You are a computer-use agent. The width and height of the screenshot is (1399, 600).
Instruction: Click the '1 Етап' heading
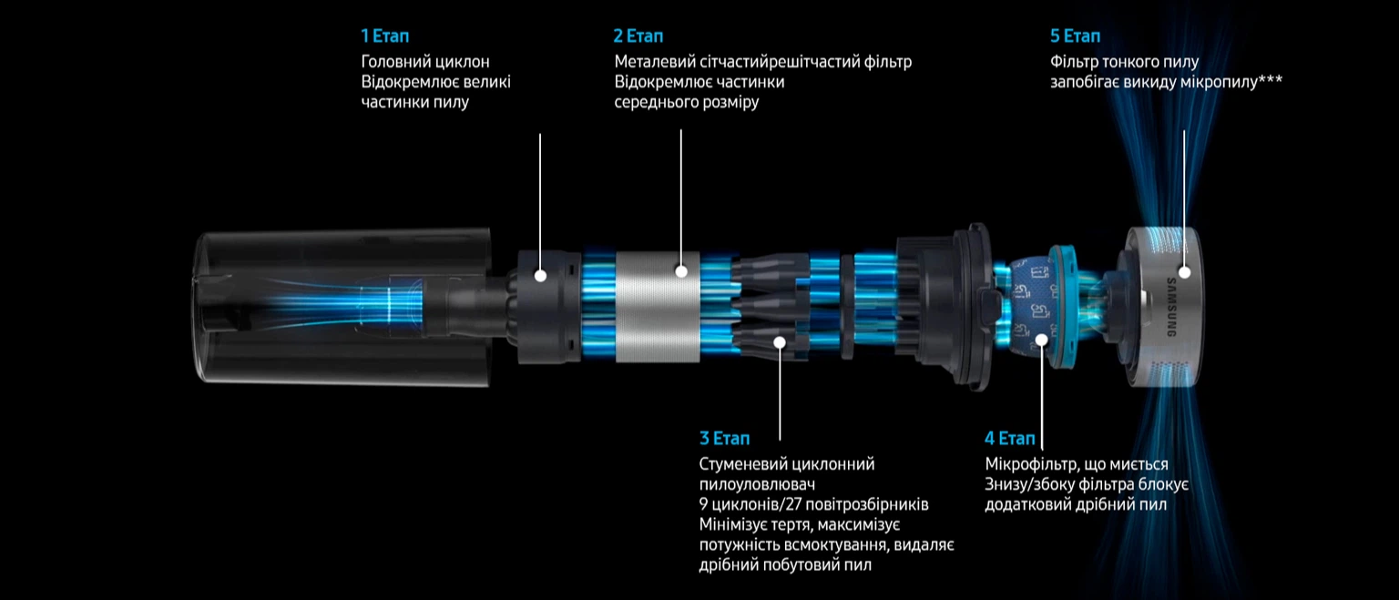pyautogui.click(x=384, y=36)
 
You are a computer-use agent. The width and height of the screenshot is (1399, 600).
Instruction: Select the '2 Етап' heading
pyautogui.click(x=638, y=36)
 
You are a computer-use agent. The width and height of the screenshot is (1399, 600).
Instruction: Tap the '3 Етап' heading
pyautogui.click(x=724, y=438)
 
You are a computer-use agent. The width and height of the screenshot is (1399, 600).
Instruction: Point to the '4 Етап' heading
pyautogui.click(x=1009, y=438)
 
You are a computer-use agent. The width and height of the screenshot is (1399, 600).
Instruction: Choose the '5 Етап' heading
pyautogui.click(x=1075, y=36)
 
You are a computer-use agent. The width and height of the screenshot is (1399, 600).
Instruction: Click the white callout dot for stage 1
pyautogui.click(x=541, y=275)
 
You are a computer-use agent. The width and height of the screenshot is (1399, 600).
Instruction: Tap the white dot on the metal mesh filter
pyautogui.click(x=681, y=271)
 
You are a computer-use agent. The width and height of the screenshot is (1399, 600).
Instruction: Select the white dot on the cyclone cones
pyautogui.click(x=780, y=342)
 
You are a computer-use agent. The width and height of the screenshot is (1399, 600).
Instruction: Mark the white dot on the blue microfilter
pyautogui.click(x=1042, y=340)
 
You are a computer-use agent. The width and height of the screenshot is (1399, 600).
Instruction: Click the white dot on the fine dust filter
pyautogui.click(x=1184, y=272)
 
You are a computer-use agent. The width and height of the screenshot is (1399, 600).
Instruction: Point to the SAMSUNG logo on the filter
pyautogui.click(x=1170, y=307)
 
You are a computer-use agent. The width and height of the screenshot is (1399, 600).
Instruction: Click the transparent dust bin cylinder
pyautogui.click(x=342, y=306)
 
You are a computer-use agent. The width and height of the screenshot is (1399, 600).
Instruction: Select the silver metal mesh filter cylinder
pyautogui.click(x=658, y=307)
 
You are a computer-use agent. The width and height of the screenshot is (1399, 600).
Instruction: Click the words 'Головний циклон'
pyautogui.click(x=425, y=62)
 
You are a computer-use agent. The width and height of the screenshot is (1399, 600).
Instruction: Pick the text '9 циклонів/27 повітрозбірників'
pyautogui.click(x=813, y=504)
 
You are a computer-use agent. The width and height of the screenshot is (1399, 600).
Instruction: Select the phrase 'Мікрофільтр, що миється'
pyautogui.click(x=1077, y=464)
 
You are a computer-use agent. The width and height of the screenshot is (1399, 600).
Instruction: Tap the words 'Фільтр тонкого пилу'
pyautogui.click(x=1124, y=62)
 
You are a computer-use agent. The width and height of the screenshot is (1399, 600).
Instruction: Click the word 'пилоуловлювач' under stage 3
pyautogui.click(x=757, y=484)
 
